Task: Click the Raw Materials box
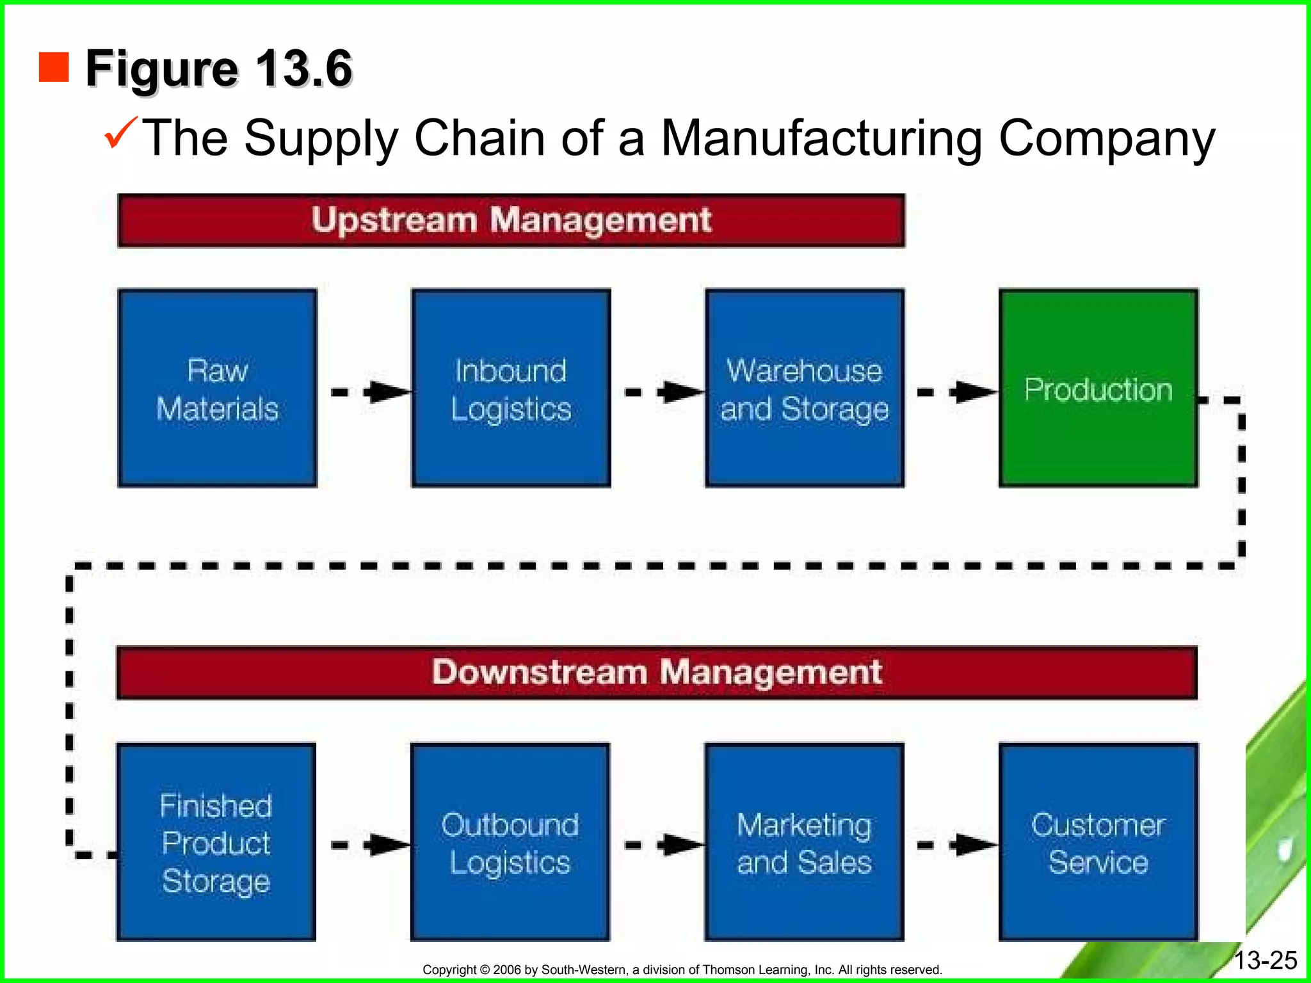218,388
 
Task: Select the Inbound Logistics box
511,388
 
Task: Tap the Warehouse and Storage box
805,388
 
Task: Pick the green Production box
1098,388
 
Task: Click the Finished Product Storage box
216,842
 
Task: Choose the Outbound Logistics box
510,842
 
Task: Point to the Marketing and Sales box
804,842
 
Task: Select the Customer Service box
1098,842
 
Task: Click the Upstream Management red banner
511,221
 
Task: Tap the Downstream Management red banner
657,673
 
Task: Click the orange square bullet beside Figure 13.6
54,68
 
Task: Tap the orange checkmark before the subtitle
120,132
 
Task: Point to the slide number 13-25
1265,961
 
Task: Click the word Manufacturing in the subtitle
821,138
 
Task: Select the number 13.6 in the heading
303,68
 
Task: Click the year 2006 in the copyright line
508,970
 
